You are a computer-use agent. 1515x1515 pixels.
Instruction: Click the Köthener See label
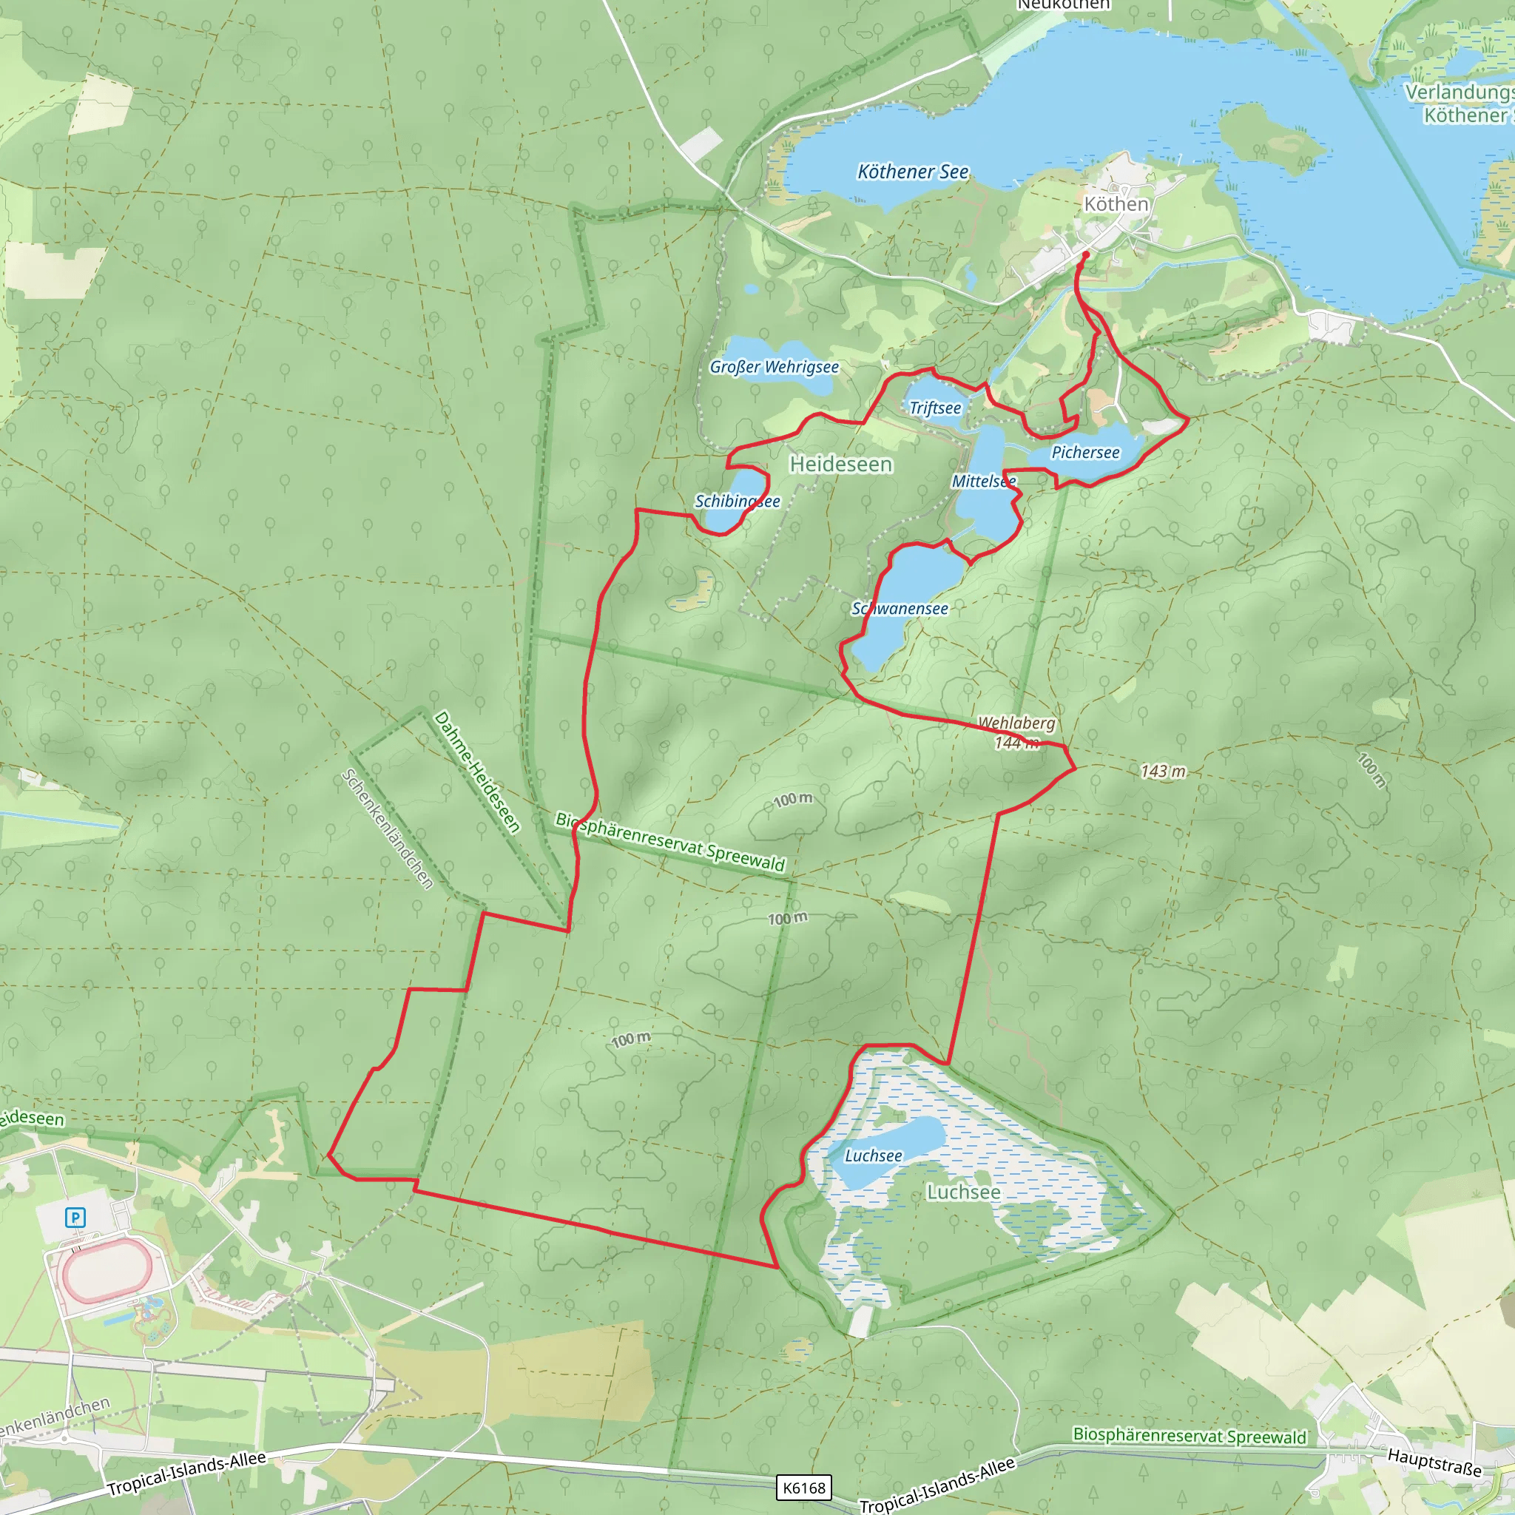(913, 172)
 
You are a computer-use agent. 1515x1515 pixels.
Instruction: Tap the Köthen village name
(1116, 204)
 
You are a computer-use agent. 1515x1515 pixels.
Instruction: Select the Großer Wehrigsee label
(774, 367)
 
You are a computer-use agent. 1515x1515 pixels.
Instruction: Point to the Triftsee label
(935, 408)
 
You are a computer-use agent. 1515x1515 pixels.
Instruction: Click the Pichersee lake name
(1085, 453)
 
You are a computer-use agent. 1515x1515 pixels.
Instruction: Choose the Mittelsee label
(983, 481)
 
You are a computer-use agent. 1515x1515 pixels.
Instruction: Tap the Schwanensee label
(900, 609)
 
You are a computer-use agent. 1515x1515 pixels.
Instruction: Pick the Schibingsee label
(737, 501)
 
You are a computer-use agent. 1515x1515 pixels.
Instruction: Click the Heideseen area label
(840, 465)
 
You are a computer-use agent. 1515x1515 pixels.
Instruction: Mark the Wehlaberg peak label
(1016, 722)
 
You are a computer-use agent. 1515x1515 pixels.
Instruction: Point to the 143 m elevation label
(1163, 771)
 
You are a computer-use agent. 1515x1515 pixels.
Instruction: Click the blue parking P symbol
(75, 1217)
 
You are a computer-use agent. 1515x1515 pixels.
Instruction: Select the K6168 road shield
(804, 1488)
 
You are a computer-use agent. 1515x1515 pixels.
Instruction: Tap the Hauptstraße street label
(1434, 1462)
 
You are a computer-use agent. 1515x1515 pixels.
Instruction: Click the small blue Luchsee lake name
(873, 1156)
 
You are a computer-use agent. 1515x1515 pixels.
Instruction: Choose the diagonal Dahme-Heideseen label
(477, 772)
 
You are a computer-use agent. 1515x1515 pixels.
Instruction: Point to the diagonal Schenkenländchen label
(387, 829)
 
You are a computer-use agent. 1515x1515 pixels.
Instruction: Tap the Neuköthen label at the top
(1063, 4)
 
